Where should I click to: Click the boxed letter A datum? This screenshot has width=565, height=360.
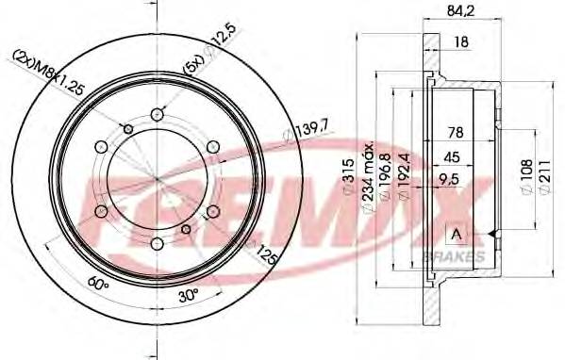pyautogui.click(x=457, y=234)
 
